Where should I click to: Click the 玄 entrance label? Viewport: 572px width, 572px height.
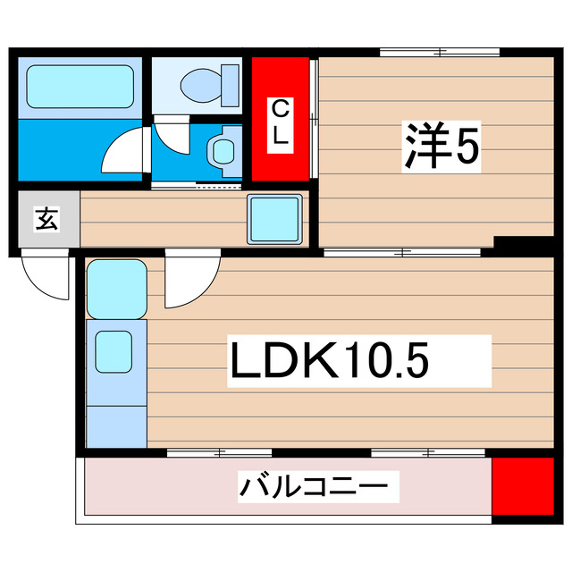tap(46, 218)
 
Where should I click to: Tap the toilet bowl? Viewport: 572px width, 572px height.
tap(202, 86)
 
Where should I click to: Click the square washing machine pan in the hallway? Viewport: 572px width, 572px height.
tap(272, 217)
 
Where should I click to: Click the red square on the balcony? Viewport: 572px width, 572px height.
tap(523, 487)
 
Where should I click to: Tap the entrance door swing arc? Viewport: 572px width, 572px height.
tap(45, 277)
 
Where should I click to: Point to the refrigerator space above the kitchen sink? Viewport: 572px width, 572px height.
tap(116, 288)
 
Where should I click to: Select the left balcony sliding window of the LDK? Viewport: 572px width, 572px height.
tap(219, 453)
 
